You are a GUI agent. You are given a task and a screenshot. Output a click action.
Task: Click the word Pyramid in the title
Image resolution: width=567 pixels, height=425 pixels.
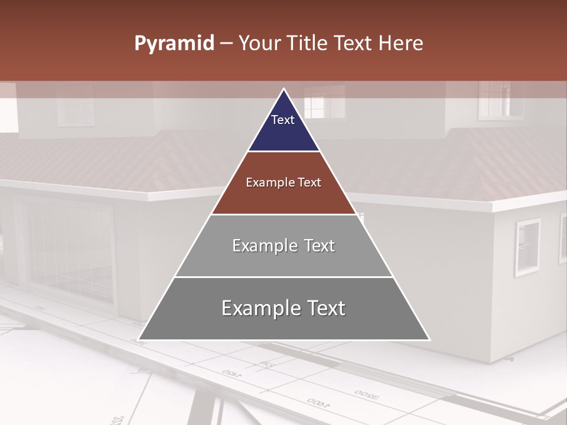coord(174,44)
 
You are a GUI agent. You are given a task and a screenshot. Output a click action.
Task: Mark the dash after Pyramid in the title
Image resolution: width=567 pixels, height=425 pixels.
coord(226,44)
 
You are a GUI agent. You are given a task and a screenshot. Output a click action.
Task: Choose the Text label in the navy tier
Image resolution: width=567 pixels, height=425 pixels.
coord(283,120)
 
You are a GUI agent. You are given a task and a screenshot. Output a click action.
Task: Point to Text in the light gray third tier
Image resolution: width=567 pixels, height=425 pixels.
coord(320,246)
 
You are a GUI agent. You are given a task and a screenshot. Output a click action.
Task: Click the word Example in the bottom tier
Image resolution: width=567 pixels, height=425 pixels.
coord(259,308)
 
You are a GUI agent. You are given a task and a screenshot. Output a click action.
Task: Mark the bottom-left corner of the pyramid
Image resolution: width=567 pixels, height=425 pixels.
coord(138,340)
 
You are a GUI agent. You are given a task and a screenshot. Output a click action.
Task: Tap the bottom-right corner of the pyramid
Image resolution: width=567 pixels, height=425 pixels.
coord(429,340)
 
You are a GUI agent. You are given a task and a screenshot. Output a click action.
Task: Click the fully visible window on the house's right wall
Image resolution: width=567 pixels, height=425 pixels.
coord(527,247)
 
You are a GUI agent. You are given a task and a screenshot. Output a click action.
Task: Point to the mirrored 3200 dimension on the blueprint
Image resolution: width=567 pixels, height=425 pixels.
coord(367,394)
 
